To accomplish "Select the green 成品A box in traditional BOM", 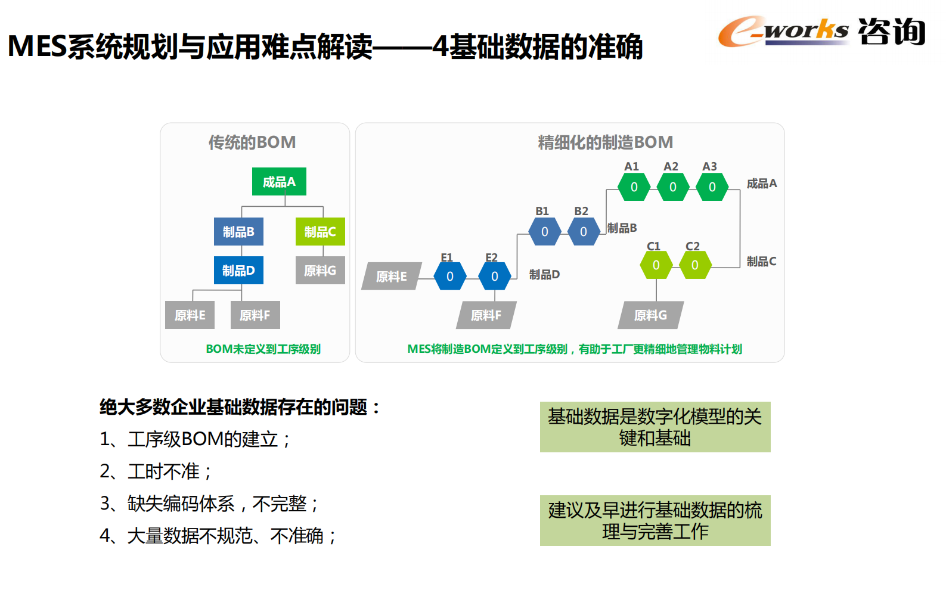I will pos(279,182).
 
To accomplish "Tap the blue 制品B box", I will pos(238,232).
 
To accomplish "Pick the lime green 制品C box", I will pos(320,232).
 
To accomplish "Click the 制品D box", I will pos(238,271).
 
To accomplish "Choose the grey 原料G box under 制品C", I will pos(320,271).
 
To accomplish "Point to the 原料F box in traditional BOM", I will pos(255,315).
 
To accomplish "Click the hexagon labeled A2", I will pos(672,187).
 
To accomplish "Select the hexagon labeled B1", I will pos(544,232).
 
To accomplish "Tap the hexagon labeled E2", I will pos(494,277).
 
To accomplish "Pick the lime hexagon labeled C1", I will pos(656,265).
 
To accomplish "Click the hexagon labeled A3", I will pos(712,187).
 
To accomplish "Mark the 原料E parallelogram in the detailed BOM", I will pos(392,277).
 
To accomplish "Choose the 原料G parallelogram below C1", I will pos(650,315).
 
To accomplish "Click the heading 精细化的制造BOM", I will pos(605,142).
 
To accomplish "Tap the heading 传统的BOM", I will pos(252,142).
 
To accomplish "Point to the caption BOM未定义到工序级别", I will pos(263,349).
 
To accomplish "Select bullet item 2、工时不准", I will pos(156,471).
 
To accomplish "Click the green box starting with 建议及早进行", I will pos(655,520).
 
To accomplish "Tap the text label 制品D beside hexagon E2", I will pos(544,275).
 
